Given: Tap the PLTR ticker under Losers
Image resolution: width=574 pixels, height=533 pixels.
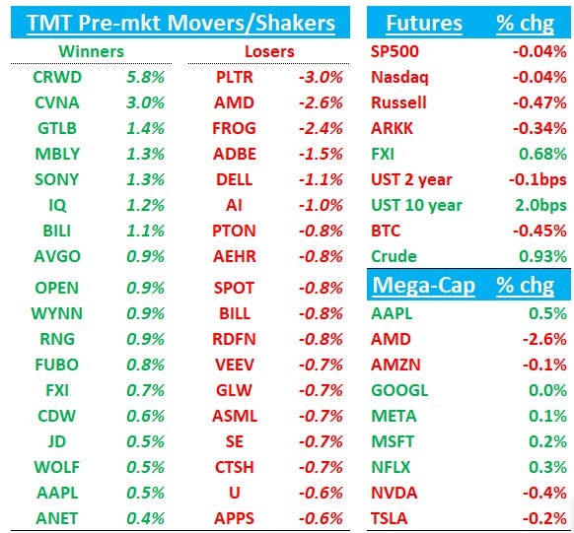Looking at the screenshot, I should point(234,77).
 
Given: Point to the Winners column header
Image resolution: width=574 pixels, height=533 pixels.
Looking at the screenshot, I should point(93,49).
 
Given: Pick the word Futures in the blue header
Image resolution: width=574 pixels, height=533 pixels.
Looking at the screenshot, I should point(423,23).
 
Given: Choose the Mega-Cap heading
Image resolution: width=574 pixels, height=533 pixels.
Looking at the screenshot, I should point(423,286).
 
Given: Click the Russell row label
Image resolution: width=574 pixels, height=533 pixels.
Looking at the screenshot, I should point(398,102).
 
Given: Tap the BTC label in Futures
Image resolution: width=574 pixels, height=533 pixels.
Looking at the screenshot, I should point(387,231).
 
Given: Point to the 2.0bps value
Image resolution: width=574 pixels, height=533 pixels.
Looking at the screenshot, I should point(540,205).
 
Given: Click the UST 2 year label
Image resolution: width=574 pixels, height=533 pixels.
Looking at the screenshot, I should point(411,179).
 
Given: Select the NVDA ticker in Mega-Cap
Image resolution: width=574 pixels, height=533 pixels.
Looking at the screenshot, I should point(394,493).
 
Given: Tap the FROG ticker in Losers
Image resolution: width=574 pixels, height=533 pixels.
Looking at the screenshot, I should point(234,128).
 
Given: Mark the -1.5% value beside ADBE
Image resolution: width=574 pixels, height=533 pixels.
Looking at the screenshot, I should point(319,154).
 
